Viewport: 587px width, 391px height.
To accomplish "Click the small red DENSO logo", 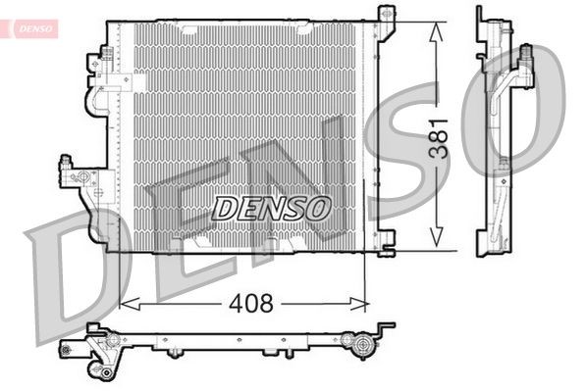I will (32, 27).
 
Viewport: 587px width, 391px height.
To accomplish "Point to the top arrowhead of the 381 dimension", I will (433, 26).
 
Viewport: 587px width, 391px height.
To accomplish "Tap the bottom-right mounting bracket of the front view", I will (386, 239).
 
